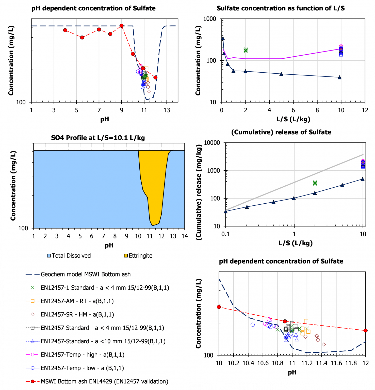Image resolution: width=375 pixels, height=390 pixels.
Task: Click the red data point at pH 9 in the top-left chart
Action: pyautogui.click(x=122, y=26)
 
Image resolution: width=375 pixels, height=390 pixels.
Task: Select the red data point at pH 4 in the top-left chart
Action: pyautogui.click(x=65, y=30)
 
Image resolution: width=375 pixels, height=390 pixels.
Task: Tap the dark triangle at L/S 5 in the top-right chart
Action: pyautogui.click(x=281, y=74)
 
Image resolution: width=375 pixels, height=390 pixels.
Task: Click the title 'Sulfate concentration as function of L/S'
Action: pyautogui.click(x=281, y=8)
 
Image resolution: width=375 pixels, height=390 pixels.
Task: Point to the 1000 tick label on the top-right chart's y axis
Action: pyautogui.click(x=210, y=19)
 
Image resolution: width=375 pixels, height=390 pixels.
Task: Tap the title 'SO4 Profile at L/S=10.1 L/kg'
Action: pyautogui.click(x=98, y=138)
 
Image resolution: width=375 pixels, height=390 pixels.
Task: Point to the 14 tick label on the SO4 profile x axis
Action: pyautogui.click(x=185, y=236)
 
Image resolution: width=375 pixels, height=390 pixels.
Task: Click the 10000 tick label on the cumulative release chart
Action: pyautogui.click(x=212, y=143)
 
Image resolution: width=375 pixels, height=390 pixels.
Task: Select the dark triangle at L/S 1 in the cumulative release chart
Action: pyautogui.click(x=294, y=198)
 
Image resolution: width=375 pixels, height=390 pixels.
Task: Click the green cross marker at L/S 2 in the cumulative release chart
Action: pyautogui.click(x=315, y=183)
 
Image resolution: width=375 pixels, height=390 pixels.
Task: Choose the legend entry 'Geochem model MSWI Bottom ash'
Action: pyautogui.click(x=86, y=274)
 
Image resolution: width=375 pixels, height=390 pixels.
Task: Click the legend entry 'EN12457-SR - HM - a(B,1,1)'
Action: pyautogui.click(x=77, y=315)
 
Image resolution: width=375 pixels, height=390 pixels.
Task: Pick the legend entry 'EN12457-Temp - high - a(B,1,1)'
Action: pyautogui.click(x=83, y=355)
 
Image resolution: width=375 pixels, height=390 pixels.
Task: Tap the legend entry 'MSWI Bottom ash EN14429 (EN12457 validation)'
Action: pyautogui.click(x=104, y=381)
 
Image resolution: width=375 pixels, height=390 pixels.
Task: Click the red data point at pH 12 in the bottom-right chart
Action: pyautogui.click(x=366, y=331)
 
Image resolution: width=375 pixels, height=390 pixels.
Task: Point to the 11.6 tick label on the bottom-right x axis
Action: pyautogui.click(x=336, y=363)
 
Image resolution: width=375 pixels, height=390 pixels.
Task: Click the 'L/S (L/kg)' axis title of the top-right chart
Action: pyautogui.click(x=293, y=119)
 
